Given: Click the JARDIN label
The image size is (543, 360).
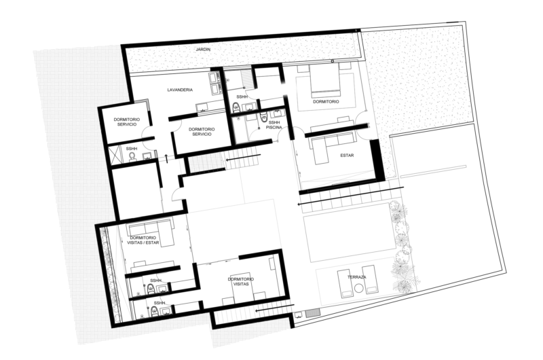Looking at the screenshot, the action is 203,50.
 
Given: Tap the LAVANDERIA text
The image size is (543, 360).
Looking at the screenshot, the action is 180,90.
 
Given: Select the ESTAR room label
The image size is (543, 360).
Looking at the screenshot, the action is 347,156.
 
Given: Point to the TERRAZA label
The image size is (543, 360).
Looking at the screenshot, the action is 357,277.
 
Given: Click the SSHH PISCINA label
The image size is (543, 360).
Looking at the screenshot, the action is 274,125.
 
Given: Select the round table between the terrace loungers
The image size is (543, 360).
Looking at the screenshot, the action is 358,288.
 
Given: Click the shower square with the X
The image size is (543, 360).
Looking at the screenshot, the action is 115,154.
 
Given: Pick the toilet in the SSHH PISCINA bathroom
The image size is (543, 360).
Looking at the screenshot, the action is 264,117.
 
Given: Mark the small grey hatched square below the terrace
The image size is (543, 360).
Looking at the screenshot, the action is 313,312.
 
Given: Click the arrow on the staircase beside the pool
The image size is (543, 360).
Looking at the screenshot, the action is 350,196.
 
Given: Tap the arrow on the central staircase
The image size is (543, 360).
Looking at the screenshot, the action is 243,158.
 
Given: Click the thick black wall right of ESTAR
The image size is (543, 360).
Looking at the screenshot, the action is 377,160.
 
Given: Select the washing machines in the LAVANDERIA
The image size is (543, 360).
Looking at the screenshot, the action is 215,84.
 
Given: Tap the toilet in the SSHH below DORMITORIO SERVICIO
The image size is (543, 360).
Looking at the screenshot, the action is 132,158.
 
